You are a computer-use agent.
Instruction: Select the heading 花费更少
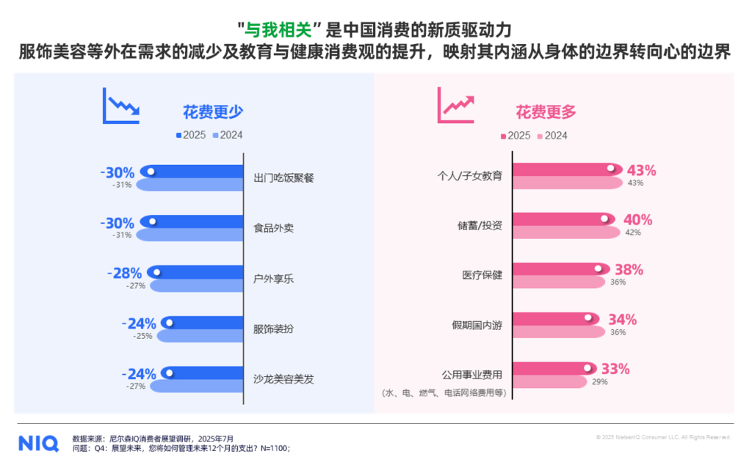[213, 112]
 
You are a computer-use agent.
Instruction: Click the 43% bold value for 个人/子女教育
[640, 170]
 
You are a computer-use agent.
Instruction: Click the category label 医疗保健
[482, 274]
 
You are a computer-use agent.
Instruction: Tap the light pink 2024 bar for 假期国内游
[558, 332]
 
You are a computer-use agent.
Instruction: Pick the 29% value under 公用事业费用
[600, 382]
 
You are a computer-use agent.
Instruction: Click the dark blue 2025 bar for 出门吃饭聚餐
[191, 172]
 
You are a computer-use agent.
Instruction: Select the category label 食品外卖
[273, 227]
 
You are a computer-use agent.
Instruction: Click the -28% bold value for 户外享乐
[122, 273]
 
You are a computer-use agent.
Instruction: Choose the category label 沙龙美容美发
[283, 379]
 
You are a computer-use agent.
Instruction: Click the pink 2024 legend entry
[552, 135]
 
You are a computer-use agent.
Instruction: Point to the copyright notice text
[663, 437]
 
